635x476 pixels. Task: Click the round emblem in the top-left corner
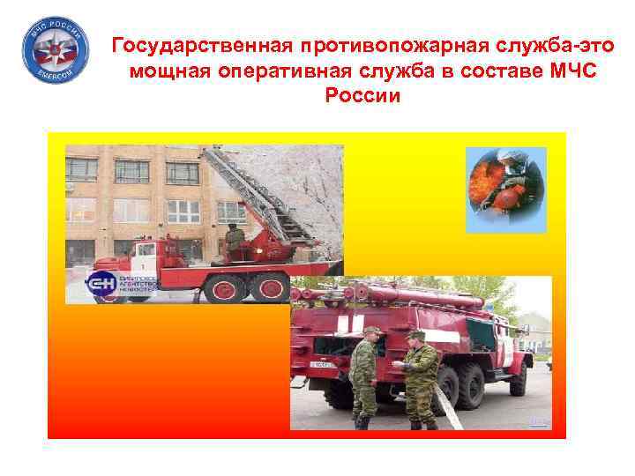54,50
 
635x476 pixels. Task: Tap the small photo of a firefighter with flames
505,190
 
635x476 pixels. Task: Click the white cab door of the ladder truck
145,260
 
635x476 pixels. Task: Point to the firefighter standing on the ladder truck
234,241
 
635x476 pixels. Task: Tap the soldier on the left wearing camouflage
365,375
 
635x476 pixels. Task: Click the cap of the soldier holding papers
416,336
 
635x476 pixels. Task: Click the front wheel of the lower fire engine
519,378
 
